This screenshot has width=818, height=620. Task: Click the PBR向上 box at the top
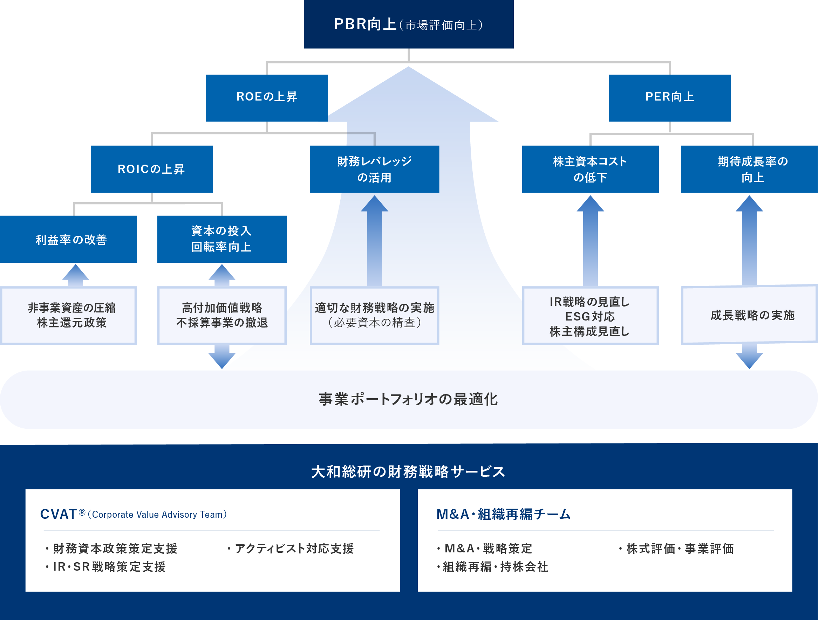(408, 25)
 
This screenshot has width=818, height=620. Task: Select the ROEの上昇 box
(267, 98)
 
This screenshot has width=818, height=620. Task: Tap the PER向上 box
(669, 98)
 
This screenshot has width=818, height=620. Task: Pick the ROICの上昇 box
(152, 169)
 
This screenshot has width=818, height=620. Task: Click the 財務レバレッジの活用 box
(374, 169)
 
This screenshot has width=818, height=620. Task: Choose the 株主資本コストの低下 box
(590, 169)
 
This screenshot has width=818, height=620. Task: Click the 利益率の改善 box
(68, 239)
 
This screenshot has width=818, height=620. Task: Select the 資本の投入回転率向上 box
(221, 239)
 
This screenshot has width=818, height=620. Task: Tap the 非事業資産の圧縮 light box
(68, 315)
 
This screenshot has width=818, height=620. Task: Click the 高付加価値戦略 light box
(221, 315)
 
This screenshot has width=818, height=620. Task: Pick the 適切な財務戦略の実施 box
(374, 315)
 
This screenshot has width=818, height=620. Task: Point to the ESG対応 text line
(590, 316)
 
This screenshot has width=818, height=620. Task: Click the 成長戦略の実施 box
(751, 315)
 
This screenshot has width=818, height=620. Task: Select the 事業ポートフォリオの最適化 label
(408, 399)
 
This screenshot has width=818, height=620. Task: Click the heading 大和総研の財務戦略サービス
(408, 472)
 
